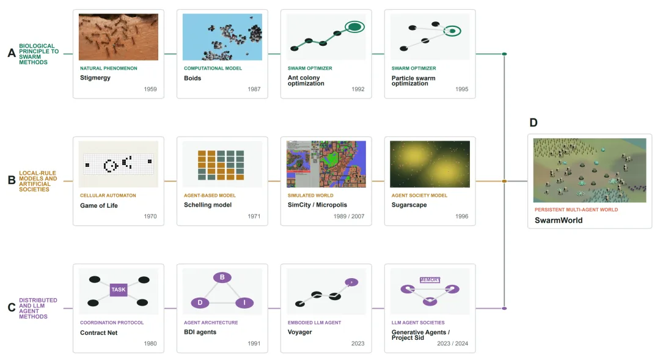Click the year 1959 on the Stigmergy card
150,89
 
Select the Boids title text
193,78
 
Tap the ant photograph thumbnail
119,37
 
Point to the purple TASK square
119,290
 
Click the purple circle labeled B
222,277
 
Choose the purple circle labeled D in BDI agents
200,303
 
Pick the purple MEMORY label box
430,280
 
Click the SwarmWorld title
559,220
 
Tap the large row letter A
12,53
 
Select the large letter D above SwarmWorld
533,122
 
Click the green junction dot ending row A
504,54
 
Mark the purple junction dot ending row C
504,308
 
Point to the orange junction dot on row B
504,181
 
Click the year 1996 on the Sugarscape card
462,216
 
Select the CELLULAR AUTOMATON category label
108,196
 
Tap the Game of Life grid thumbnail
119,164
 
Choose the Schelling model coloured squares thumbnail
221,165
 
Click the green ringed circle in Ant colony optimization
355,27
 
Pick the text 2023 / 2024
452,343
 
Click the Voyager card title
299,332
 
